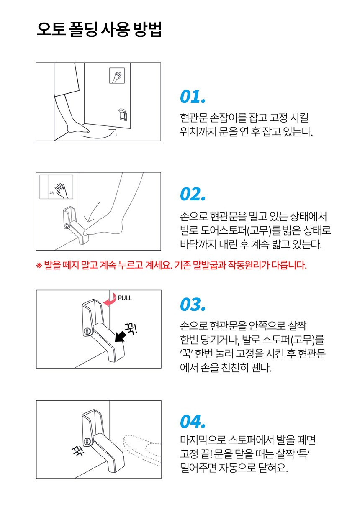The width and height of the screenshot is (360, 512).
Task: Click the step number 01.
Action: click(x=193, y=97)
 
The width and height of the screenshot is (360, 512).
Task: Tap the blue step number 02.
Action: click(x=193, y=194)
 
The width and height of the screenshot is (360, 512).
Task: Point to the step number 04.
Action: click(x=193, y=421)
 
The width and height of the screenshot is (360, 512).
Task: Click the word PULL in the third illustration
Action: click(x=125, y=298)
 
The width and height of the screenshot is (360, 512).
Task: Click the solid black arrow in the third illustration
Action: click(x=120, y=336)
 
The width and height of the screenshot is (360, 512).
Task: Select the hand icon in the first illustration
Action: click(x=117, y=76)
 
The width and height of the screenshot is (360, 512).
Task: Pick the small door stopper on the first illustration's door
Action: click(x=123, y=114)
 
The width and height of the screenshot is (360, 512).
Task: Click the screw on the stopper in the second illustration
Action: click(x=66, y=226)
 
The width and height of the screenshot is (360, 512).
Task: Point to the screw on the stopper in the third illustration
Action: click(x=87, y=331)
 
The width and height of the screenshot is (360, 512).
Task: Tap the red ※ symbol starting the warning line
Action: click(x=39, y=265)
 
